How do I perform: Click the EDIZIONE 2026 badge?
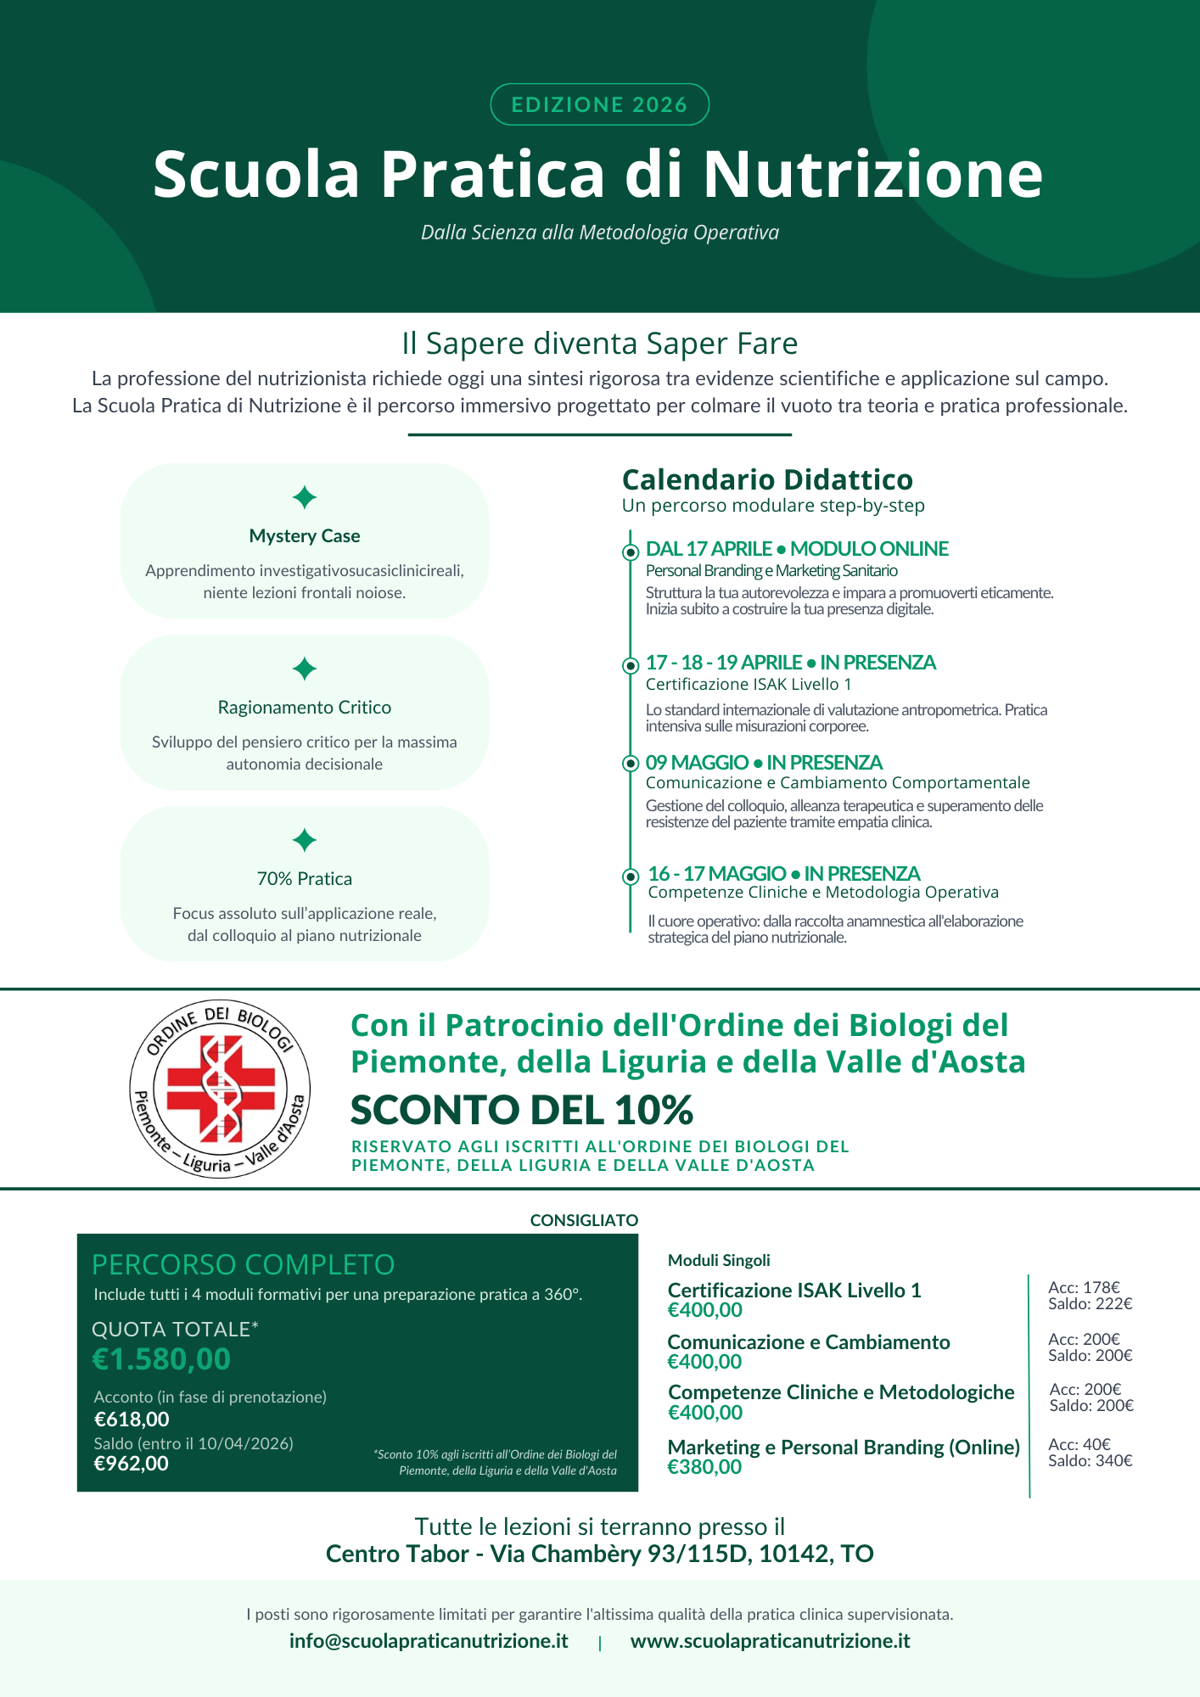[x=599, y=104]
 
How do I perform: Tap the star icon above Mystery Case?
[x=305, y=497]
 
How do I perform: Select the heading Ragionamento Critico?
[x=305, y=708]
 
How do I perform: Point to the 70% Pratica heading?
[x=305, y=879]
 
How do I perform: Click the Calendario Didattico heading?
[x=767, y=479]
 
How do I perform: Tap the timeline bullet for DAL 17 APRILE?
[x=631, y=552]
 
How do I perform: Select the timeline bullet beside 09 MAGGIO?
[x=631, y=763]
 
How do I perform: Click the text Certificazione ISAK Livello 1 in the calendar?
[x=748, y=684]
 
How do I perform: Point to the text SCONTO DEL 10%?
[x=522, y=1110]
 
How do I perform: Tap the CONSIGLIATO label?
[x=584, y=1220]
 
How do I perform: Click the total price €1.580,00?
[x=161, y=1359]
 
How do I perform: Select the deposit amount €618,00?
[x=132, y=1420]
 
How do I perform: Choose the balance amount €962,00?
[x=132, y=1464]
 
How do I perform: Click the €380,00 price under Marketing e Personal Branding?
[x=704, y=1467]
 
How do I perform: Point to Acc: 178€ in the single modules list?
[x=1084, y=1288]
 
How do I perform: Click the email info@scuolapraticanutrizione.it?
[x=429, y=1641]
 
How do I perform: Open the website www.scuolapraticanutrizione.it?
[x=770, y=1641]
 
